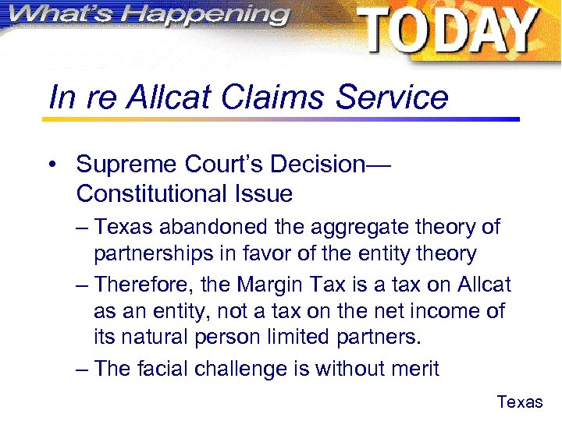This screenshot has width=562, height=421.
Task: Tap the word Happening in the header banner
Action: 210,14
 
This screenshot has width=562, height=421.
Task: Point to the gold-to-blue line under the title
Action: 281,119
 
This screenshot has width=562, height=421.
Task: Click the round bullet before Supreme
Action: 51,165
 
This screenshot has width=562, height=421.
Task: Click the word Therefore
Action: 148,285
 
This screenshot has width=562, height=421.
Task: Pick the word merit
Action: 412,369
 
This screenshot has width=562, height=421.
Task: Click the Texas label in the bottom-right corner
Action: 520,402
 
